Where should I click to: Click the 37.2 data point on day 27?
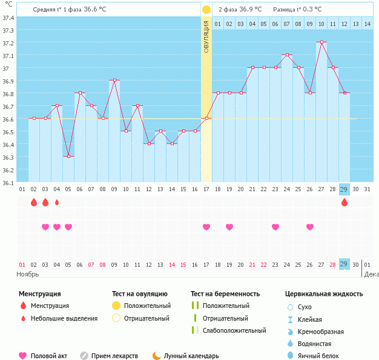point(321,42)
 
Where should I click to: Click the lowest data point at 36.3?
point(68,156)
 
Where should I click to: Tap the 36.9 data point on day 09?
point(114,80)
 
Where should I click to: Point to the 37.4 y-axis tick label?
point(8,18)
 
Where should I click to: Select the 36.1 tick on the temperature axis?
point(8,182)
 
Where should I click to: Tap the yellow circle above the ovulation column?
point(206,10)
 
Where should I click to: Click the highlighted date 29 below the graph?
point(344,264)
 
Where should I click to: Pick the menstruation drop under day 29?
point(344,203)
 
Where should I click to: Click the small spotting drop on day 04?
point(57,203)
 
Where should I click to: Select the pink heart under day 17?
point(206,227)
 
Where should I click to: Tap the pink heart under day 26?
point(310,227)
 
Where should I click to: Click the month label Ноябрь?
point(27,274)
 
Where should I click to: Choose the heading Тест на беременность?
point(225,294)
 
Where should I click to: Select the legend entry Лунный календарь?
point(200,356)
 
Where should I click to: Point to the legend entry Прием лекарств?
point(114,356)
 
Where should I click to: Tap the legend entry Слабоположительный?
point(234,330)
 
